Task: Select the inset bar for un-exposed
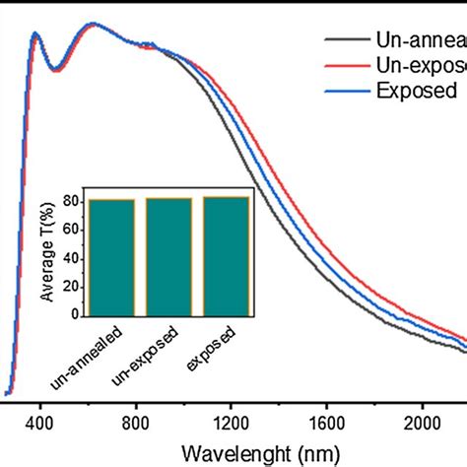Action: click(168, 257)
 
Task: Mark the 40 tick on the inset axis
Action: click(72, 259)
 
